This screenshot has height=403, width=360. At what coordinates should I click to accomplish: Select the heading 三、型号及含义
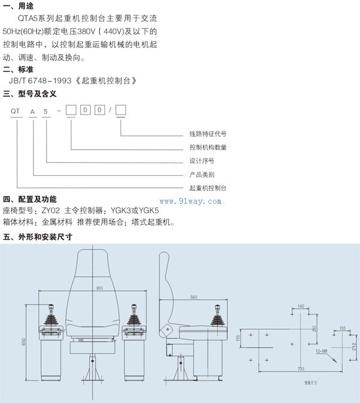[29, 94]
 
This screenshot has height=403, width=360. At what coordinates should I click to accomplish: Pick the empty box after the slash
[121, 110]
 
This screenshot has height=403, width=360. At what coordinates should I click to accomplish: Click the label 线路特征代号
[208, 134]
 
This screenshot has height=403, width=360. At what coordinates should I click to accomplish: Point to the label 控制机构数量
[208, 148]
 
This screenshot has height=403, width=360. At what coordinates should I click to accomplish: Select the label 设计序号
[202, 161]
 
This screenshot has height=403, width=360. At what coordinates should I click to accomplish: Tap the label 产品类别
[202, 175]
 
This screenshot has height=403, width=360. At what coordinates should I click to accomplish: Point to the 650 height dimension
[23, 341]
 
